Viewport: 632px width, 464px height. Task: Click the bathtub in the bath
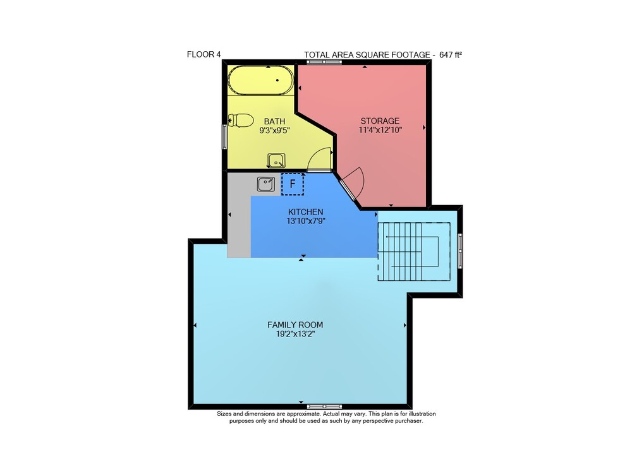click(x=260, y=80)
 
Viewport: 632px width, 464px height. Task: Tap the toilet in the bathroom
click(x=241, y=120)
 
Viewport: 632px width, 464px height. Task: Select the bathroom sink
click(x=276, y=160)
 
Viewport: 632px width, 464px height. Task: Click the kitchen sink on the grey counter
click(x=266, y=184)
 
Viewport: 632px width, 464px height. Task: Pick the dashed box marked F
click(x=293, y=184)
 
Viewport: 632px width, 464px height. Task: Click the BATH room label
click(x=274, y=121)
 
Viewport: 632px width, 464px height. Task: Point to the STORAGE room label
click(x=380, y=121)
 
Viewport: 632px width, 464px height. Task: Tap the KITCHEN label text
click(x=305, y=212)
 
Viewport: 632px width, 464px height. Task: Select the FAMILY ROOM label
click(x=295, y=324)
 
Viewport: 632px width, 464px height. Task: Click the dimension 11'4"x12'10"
click(x=380, y=130)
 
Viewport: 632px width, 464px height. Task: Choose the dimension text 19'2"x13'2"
click(x=295, y=334)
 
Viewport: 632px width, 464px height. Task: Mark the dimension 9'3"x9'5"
click(x=274, y=131)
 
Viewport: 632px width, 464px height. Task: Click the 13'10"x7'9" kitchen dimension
click(x=305, y=221)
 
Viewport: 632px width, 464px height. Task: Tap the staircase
click(x=414, y=251)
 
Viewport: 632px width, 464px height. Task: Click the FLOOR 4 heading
click(x=204, y=54)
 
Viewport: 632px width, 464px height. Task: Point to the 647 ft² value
click(x=450, y=55)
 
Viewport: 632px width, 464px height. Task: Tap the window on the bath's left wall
click(x=224, y=137)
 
